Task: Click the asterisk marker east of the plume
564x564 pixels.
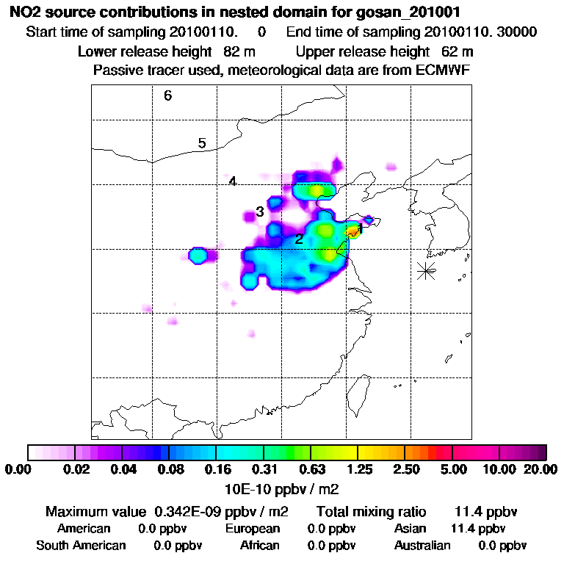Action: [x=425, y=270]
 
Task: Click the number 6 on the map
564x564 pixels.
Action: [x=168, y=95]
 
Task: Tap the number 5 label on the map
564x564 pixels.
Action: [x=202, y=143]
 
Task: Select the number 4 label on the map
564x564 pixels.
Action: [x=232, y=181]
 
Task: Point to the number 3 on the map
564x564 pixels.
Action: [x=260, y=213]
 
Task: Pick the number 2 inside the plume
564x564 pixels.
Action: [x=299, y=239]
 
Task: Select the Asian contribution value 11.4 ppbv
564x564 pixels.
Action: [x=478, y=529]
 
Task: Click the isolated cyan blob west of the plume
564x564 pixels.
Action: [x=197, y=256]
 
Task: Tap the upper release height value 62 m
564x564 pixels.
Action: [x=458, y=51]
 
